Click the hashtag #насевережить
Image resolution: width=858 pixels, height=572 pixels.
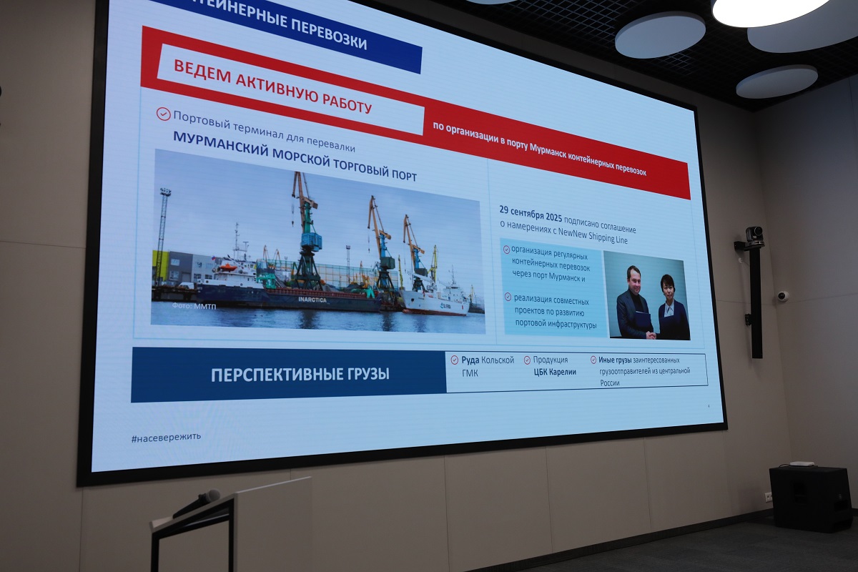[x=166, y=438]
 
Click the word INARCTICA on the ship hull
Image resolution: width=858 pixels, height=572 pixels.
[x=312, y=300]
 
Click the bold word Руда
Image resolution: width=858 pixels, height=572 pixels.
[x=470, y=360]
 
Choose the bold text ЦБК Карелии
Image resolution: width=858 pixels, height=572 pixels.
[x=555, y=372]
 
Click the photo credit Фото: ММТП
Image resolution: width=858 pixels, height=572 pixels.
[x=194, y=306]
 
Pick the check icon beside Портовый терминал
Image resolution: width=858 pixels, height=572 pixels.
[x=164, y=114]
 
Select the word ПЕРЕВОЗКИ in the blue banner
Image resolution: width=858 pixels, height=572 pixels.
[x=329, y=34]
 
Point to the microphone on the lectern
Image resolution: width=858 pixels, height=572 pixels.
[x=197, y=502]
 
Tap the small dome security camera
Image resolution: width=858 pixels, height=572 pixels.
[x=782, y=296]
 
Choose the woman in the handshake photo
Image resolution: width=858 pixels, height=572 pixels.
[x=673, y=307]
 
